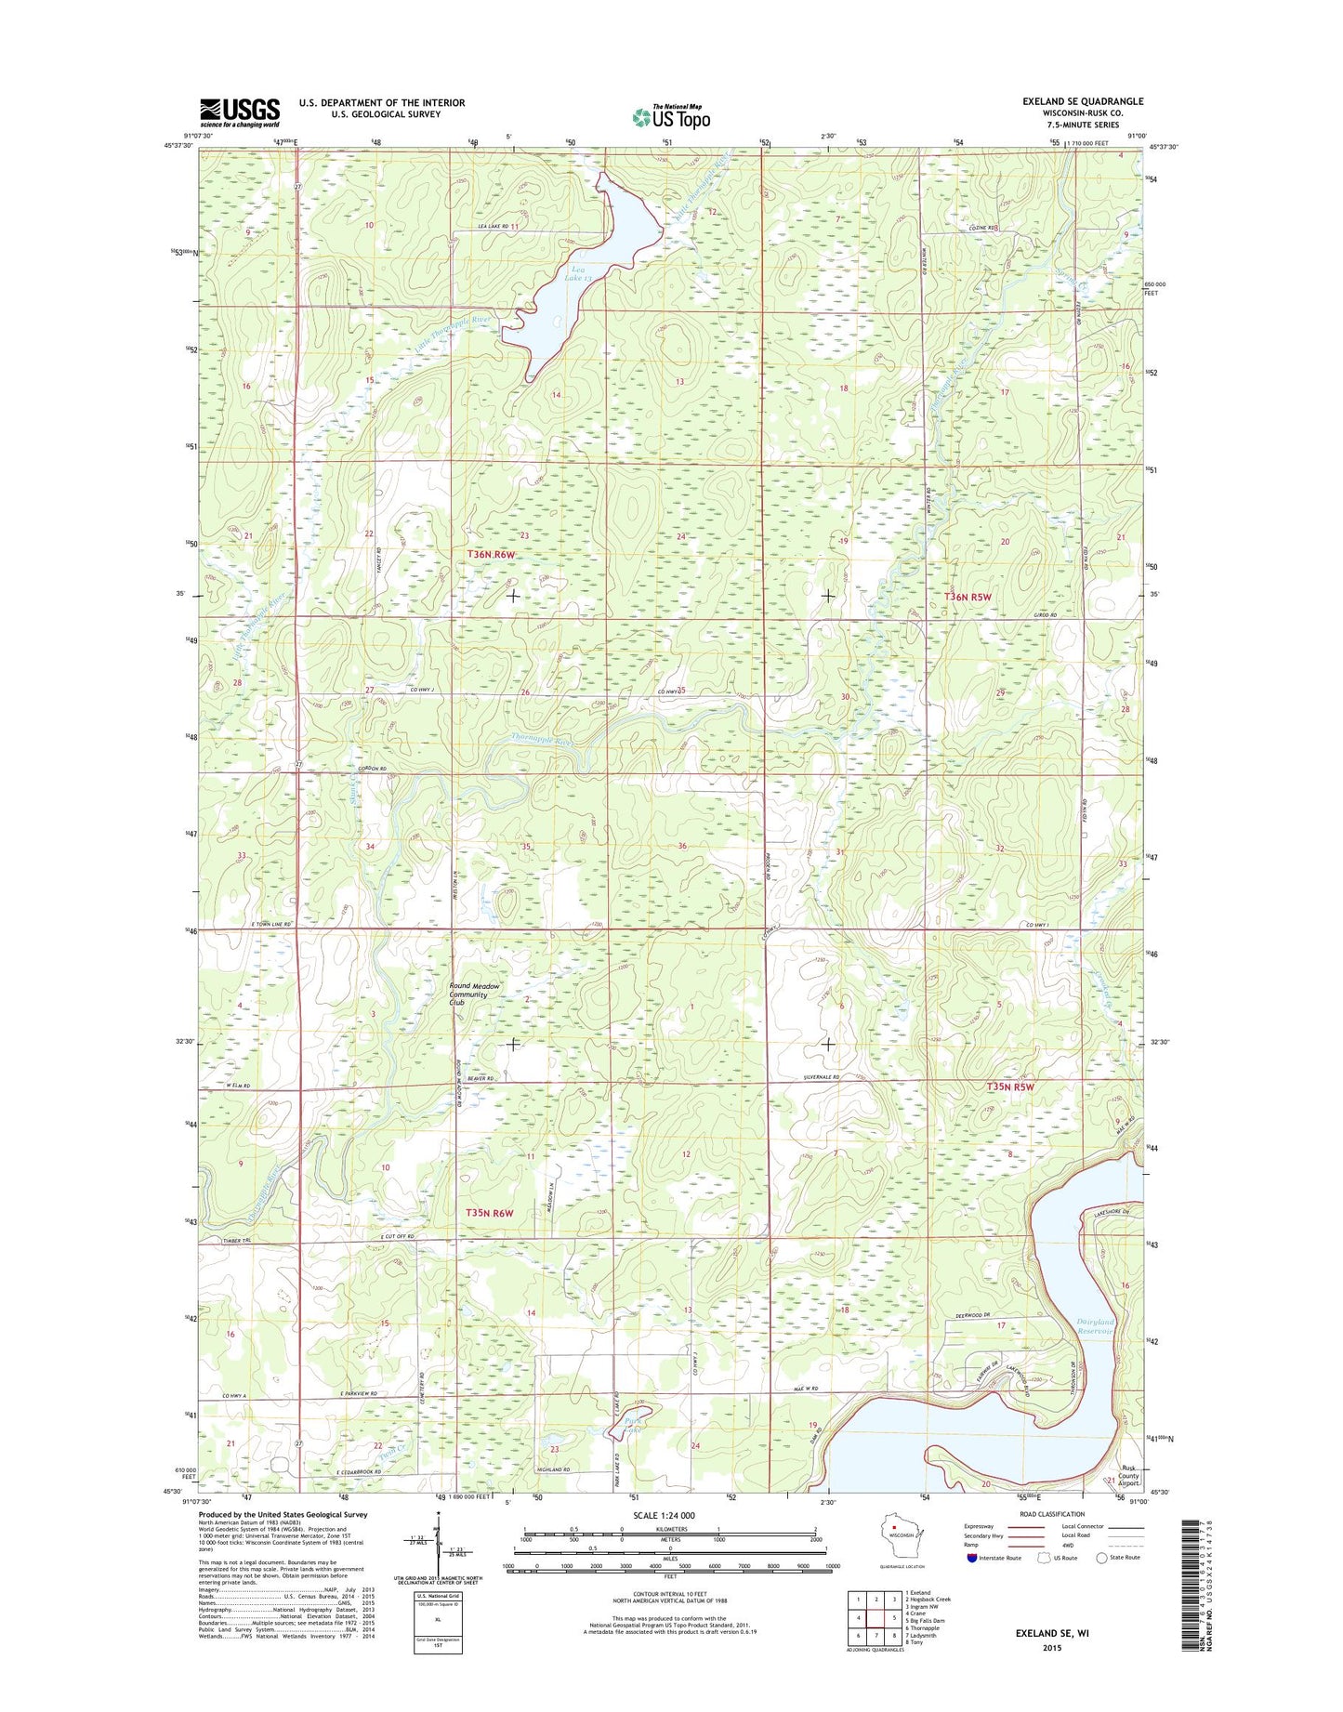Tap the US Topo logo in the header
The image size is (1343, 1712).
[671, 117]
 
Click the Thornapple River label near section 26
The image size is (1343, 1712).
[541, 741]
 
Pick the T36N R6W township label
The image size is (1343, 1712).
[490, 554]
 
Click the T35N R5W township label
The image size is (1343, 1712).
[1009, 1086]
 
